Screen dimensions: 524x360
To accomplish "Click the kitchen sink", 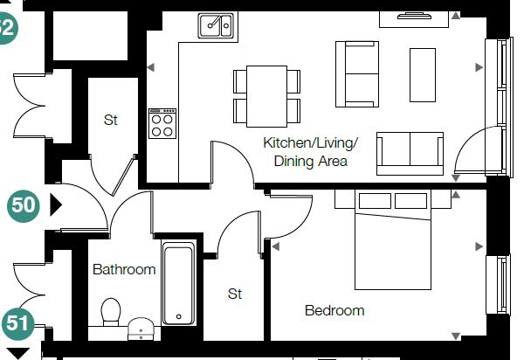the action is (x=217, y=25).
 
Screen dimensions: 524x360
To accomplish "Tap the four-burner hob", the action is (x=162, y=123).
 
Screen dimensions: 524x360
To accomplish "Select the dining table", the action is (x=266, y=97).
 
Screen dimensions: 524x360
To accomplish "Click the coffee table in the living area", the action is (x=423, y=75).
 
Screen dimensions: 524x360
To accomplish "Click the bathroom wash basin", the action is (x=141, y=329).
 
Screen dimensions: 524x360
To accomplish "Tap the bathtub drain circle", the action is (x=179, y=316).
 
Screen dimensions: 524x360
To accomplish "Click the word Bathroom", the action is (x=124, y=269).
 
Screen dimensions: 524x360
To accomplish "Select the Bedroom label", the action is (x=334, y=310).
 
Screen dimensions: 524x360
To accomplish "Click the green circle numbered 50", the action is (x=23, y=205).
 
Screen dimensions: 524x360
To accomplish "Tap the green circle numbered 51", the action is (x=18, y=323).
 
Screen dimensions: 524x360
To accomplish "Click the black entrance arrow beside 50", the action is (x=56, y=204).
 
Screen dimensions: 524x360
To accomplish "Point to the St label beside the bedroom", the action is (x=235, y=294).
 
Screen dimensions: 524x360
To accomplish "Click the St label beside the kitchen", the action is (x=111, y=120).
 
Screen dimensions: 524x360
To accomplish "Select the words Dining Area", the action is (x=310, y=161).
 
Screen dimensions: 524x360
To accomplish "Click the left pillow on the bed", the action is (x=375, y=201).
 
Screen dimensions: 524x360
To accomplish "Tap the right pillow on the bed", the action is (x=410, y=201).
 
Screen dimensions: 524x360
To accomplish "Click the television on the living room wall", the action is (x=414, y=16).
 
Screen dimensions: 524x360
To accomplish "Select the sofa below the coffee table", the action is (x=410, y=154).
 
